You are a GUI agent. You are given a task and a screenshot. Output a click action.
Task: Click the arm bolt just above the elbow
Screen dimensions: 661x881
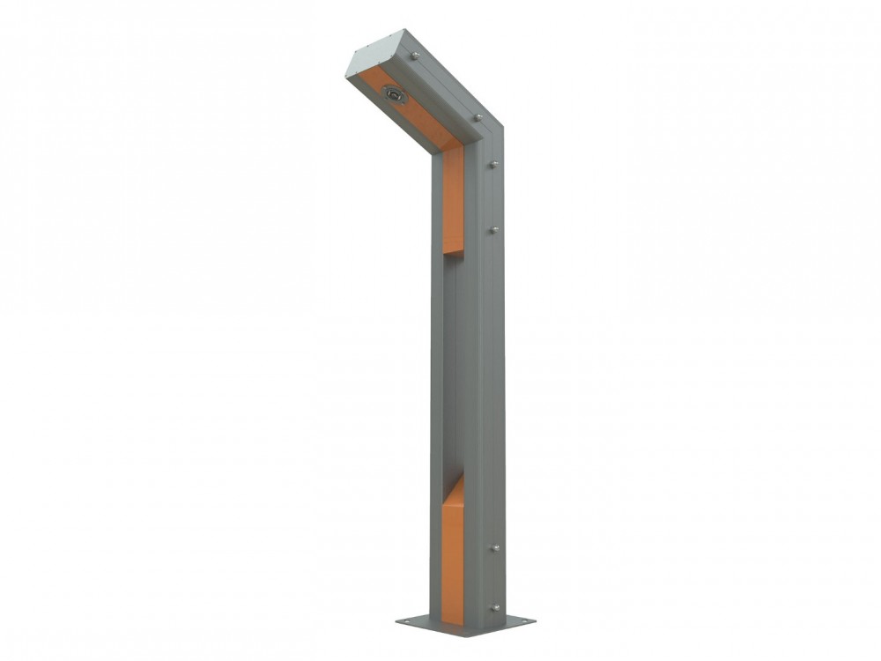click(477, 116)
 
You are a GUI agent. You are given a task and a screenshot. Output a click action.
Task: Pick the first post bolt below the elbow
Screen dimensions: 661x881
click(494, 164)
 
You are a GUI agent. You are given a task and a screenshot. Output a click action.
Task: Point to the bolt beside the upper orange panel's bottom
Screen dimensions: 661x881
click(494, 230)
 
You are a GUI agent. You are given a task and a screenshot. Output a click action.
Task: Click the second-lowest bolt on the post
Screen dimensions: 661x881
click(494, 548)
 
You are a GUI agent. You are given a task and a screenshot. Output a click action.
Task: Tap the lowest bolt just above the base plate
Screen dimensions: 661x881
click(494, 607)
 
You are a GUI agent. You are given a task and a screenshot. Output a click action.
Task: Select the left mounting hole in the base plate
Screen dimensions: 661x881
click(410, 621)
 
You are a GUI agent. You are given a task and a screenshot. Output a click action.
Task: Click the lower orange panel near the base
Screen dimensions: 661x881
click(452, 555)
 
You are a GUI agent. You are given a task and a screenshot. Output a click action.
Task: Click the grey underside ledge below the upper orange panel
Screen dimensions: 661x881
click(453, 255)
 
